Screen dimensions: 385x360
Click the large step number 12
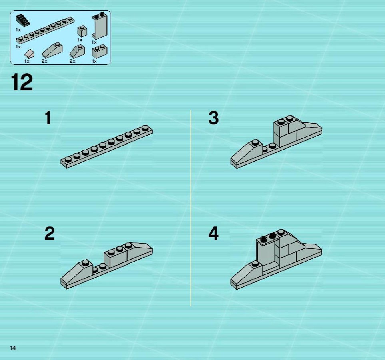point(22,82)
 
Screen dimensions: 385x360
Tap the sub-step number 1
point(48,118)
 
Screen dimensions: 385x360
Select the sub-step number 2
point(49,234)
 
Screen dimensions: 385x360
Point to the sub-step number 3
point(213,118)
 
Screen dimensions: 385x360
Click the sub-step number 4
point(213,234)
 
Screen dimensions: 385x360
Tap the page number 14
point(13,348)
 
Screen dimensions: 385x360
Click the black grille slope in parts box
point(23,20)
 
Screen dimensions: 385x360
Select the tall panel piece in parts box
point(100,26)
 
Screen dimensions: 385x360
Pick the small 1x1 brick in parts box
point(82,31)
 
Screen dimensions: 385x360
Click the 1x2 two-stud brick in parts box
point(100,51)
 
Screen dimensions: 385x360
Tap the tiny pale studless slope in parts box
point(29,54)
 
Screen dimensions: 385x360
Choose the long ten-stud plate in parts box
point(45,30)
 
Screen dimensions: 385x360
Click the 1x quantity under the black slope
point(18,30)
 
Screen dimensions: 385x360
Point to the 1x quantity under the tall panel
point(94,42)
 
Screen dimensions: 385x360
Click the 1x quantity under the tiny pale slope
point(27,61)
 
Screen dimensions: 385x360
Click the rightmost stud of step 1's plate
point(145,128)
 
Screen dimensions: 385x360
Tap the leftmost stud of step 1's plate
point(68,159)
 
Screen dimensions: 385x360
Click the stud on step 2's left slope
point(85,262)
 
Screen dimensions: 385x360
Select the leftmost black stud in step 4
point(264,238)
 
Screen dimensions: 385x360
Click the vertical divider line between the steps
point(191,208)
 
